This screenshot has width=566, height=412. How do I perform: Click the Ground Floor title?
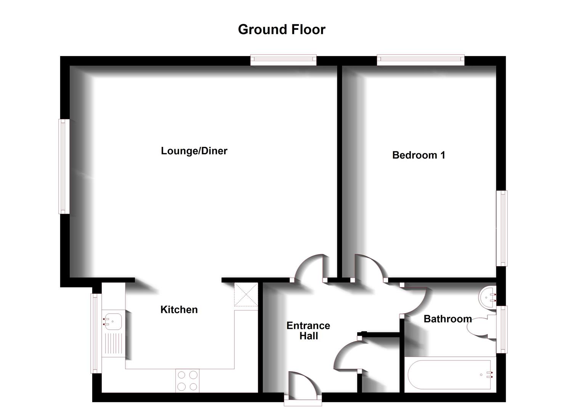(x=282, y=30)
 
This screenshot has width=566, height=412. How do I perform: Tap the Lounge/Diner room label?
(x=194, y=151)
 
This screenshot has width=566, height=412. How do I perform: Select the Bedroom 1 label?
(x=418, y=155)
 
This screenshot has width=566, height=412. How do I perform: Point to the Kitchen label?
(x=179, y=310)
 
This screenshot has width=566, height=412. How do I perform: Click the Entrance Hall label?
(x=308, y=331)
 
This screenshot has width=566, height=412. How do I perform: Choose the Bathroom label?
(x=447, y=319)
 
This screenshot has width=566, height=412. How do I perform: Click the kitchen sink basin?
(x=113, y=321)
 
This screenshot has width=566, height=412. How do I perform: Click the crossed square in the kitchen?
(x=246, y=295)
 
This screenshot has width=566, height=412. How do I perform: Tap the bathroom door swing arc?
(x=415, y=301)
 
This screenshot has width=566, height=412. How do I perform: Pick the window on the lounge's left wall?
(x=64, y=166)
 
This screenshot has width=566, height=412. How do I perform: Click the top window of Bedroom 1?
(x=420, y=59)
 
